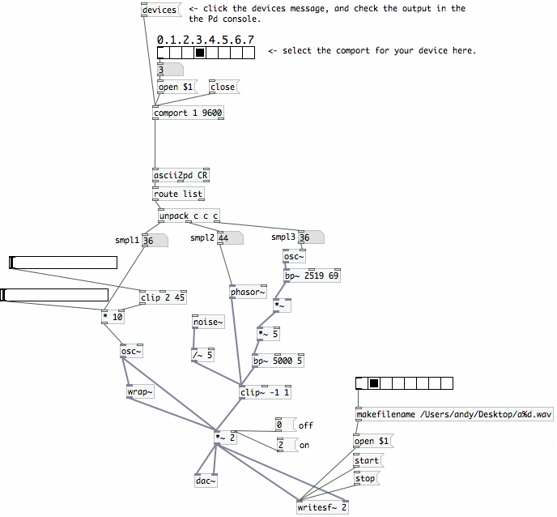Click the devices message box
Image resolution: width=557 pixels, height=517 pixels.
point(159,10)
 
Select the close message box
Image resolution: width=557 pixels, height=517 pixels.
point(222,87)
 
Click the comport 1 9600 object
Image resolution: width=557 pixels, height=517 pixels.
point(188,113)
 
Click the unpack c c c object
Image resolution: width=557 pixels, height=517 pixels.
point(189,216)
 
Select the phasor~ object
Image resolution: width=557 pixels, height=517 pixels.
point(248,293)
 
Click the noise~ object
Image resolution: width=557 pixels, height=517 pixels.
point(206,323)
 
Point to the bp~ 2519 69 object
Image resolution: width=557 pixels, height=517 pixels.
point(312,276)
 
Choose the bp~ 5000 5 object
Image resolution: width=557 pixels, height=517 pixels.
point(278,361)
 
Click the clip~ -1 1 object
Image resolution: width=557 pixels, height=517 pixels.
point(265,393)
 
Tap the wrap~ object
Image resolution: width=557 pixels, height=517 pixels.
point(140,392)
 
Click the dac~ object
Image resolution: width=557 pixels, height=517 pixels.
point(206,481)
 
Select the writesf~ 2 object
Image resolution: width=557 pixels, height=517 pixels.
point(322,508)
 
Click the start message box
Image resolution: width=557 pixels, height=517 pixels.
point(367,461)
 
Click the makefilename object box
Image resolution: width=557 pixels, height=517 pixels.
point(454,415)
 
